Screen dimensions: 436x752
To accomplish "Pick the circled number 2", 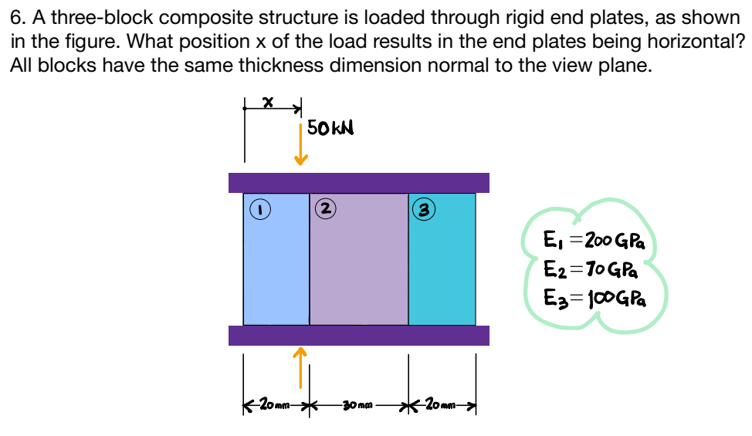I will coord(324,208).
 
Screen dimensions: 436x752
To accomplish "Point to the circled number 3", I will coord(422,208).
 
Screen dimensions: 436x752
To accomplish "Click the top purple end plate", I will coord(359,183).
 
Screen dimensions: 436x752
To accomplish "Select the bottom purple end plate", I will coord(359,336).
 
